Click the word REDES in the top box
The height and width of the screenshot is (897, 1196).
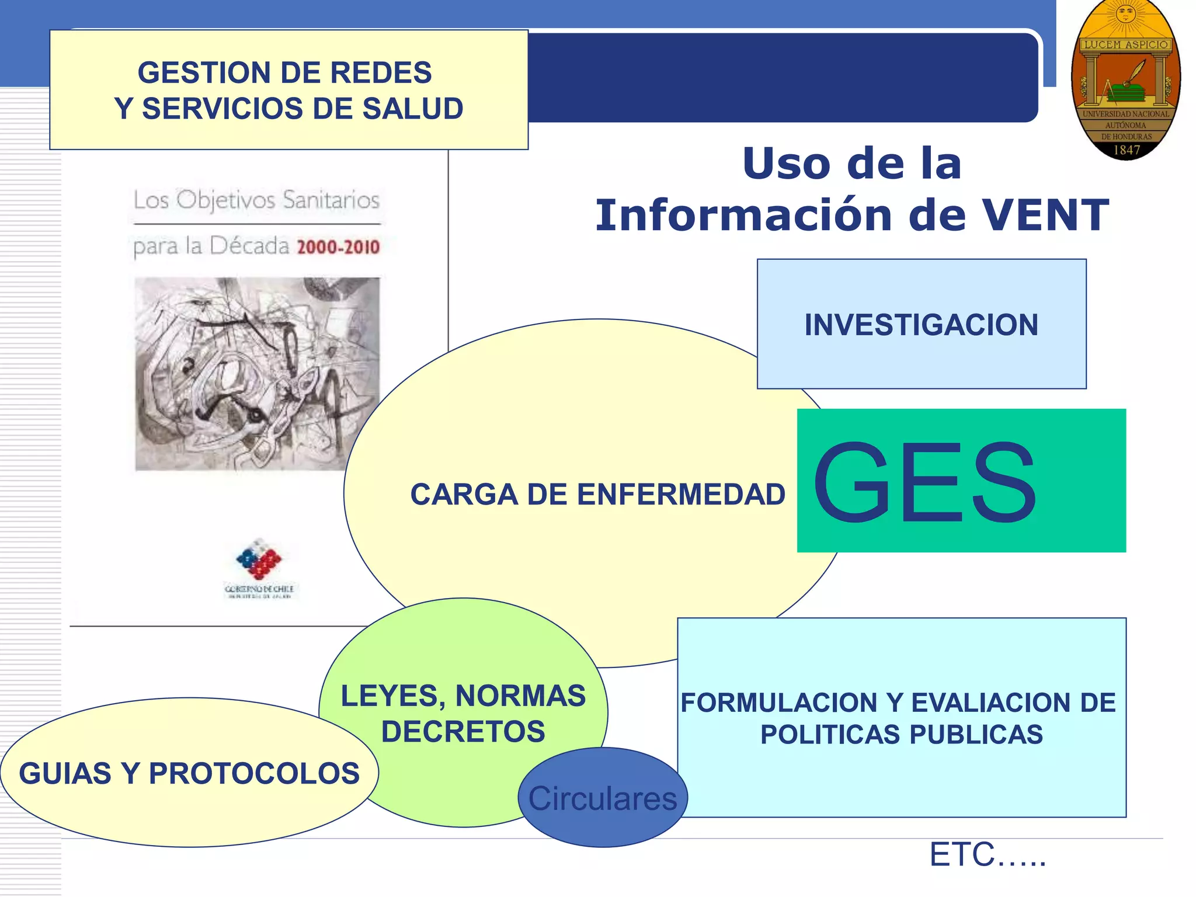pos(380,73)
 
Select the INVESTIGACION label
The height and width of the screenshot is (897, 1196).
pos(921,325)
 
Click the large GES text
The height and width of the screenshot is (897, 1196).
pos(924,483)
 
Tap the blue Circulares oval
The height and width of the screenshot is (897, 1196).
pos(602,798)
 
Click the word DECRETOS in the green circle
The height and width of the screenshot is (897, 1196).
pos(463,732)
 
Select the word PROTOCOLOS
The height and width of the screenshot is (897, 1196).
pos(254,774)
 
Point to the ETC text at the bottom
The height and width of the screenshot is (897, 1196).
pos(986,854)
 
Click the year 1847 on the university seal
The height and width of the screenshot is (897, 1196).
pos(1126,150)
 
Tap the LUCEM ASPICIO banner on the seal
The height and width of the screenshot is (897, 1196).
pos(1125,45)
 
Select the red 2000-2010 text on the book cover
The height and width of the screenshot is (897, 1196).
pos(338,247)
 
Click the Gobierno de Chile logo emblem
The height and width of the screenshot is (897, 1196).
pos(259,559)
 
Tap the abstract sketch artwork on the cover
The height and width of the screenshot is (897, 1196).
pos(257,374)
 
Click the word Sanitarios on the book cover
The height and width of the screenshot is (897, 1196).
pos(331,200)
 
